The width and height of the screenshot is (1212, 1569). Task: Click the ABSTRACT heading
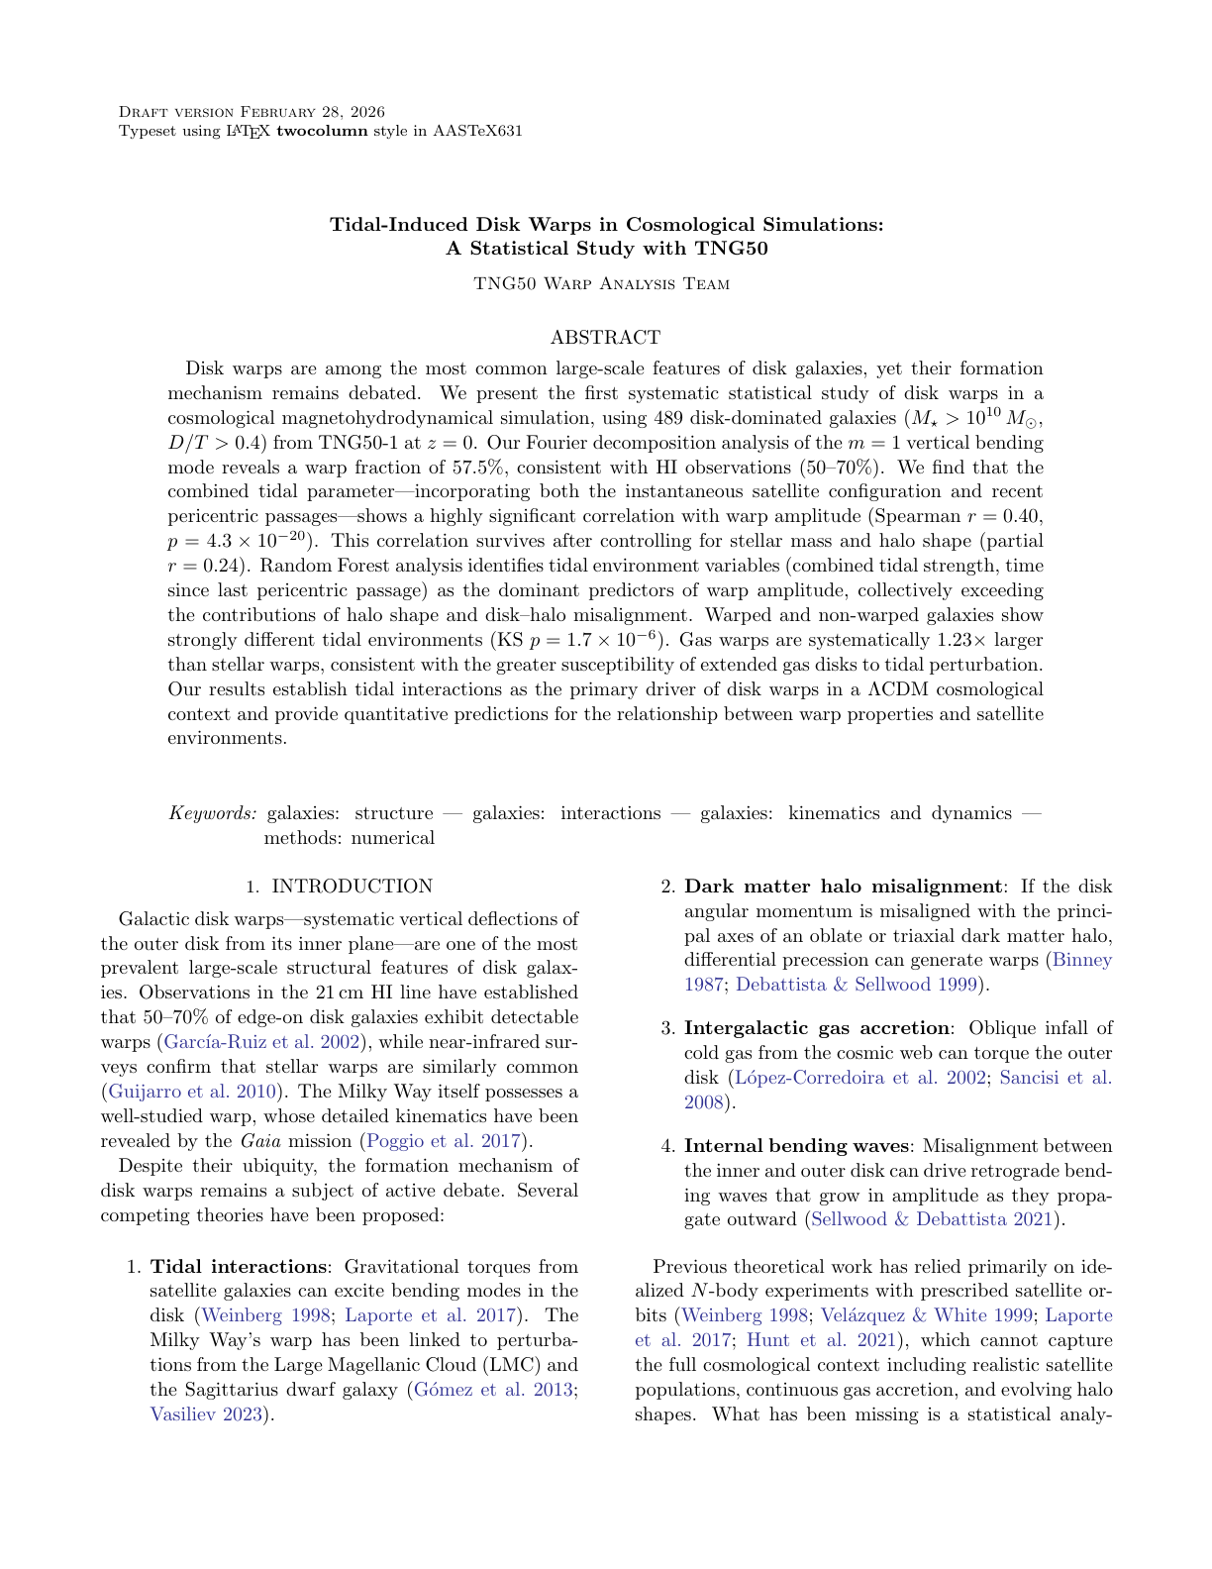(605, 338)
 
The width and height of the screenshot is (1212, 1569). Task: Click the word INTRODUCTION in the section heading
(353, 887)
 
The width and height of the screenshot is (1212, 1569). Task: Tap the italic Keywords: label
(213, 813)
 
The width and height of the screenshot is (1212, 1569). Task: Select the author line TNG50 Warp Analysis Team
(602, 284)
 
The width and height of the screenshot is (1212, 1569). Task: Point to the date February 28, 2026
(313, 112)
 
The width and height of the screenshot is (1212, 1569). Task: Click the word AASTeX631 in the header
(477, 131)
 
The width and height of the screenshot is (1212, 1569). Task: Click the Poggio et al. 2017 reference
(444, 1141)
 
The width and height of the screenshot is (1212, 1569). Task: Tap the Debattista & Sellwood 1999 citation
(857, 985)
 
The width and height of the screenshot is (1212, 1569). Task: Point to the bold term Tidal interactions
(238, 1267)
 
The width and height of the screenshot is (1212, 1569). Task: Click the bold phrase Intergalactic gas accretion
(817, 1028)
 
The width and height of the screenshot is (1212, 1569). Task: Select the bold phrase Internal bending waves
(796, 1146)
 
